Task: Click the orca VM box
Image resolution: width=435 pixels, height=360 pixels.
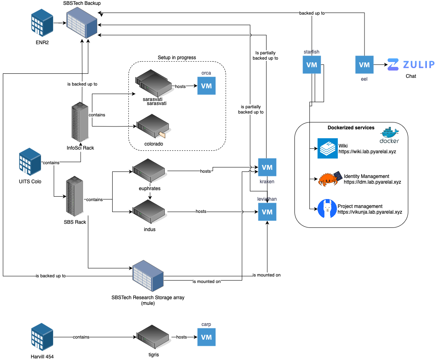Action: point(206,86)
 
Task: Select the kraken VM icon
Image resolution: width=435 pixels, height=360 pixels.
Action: point(267,167)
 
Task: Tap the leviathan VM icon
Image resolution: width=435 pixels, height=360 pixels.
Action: point(267,212)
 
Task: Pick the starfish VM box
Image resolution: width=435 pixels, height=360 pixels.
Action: point(312,65)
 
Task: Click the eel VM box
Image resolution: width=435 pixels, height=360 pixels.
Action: point(364,64)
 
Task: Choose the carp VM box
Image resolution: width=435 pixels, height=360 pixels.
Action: point(206,337)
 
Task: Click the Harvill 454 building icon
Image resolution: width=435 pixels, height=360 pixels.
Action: point(42,337)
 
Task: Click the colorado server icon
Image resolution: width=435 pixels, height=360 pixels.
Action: point(153,126)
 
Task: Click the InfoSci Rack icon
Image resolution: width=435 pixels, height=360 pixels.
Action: point(80,123)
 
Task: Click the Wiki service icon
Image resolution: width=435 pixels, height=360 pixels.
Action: point(328,148)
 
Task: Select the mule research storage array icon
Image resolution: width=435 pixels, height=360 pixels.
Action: point(148,277)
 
